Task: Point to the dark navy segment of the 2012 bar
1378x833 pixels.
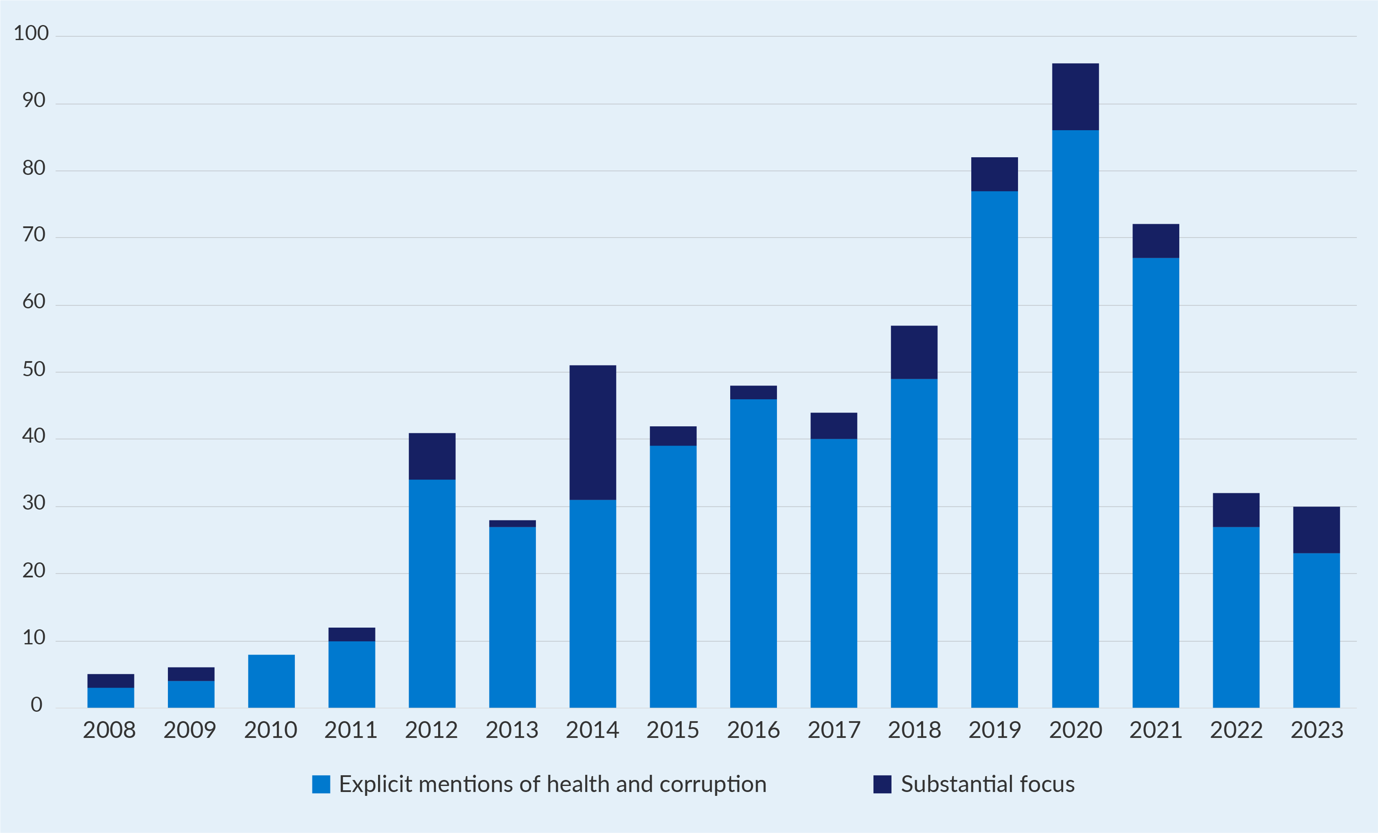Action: tap(432, 456)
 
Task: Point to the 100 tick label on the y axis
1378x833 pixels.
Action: tap(31, 33)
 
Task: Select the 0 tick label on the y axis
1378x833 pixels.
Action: tap(36, 704)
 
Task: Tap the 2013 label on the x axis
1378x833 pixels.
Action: tap(512, 730)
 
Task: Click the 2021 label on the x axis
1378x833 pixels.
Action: tap(1156, 730)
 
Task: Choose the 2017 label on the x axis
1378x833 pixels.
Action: tap(833, 730)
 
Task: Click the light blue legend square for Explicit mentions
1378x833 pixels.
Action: tap(321, 784)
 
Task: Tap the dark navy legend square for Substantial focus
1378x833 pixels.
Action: tap(882, 784)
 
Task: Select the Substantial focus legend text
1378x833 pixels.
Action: tap(987, 784)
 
